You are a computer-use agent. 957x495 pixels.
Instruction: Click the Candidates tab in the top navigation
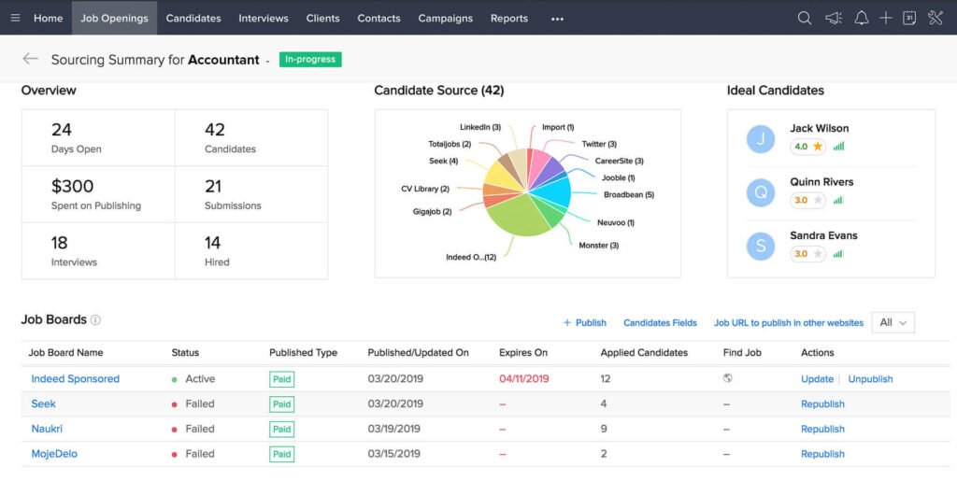pyautogui.click(x=193, y=18)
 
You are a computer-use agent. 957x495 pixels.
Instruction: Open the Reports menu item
pyautogui.click(x=508, y=18)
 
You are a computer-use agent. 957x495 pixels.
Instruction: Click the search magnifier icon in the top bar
pyautogui.click(x=804, y=18)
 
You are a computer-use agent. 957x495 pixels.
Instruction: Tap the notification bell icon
pyautogui.click(x=860, y=18)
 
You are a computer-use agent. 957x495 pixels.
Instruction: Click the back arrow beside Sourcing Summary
pyautogui.click(x=31, y=59)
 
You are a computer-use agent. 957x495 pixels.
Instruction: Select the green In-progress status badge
pyautogui.click(x=310, y=60)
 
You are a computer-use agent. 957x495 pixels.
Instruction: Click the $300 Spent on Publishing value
pyautogui.click(x=72, y=186)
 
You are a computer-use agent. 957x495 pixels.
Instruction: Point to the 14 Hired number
pyautogui.click(x=213, y=243)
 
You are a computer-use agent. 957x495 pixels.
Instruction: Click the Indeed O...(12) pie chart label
pyautogui.click(x=471, y=257)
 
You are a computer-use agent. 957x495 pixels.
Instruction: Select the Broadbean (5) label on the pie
pyautogui.click(x=628, y=195)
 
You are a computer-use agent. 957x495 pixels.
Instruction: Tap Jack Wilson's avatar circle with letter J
pyautogui.click(x=761, y=139)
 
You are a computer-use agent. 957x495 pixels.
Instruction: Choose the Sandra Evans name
pyautogui.click(x=823, y=235)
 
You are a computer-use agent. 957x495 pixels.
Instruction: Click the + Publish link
pyautogui.click(x=585, y=322)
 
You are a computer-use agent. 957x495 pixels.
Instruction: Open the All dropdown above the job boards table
pyautogui.click(x=893, y=322)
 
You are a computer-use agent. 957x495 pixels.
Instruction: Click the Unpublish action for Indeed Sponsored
pyautogui.click(x=870, y=379)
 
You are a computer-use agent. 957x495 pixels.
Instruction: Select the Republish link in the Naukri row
pyautogui.click(x=822, y=429)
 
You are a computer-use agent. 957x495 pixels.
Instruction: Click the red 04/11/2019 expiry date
pyautogui.click(x=524, y=379)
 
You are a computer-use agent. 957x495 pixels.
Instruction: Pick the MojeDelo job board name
pyautogui.click(x=54, y=454)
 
